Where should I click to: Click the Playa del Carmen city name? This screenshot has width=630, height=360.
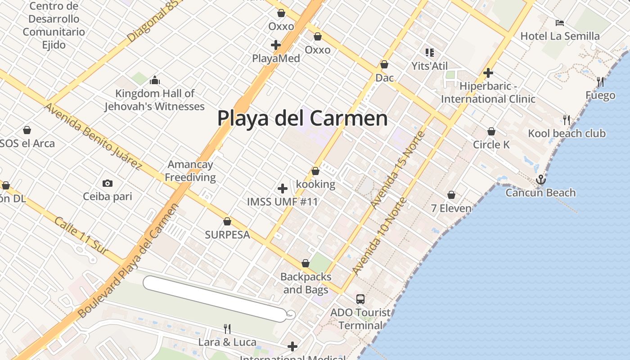[302, 118]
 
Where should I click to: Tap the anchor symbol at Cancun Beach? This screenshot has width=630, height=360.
[540, 180]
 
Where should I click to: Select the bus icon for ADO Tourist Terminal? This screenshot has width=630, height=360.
[360, 299]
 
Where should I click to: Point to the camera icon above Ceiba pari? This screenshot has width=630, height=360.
[107, 183]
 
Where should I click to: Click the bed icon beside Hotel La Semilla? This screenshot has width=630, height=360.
[560, 23]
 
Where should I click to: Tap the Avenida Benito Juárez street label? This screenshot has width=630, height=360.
[93, 136]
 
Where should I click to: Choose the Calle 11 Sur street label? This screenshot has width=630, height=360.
[81, 236]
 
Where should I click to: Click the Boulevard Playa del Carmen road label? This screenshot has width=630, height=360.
[128, 261]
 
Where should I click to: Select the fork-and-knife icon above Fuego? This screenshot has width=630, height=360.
[600, 82]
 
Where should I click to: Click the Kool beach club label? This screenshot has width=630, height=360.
[567, 133]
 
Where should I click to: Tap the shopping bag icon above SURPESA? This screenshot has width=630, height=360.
[227, 221]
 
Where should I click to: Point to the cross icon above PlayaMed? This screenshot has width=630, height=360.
[276, 45]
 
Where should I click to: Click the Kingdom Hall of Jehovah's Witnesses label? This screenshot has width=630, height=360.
[155, 100]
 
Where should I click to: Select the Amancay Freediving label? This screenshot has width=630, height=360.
[190, 171]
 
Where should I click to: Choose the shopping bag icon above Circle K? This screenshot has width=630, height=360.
[491, 131]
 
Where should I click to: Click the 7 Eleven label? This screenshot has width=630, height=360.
[451, 208]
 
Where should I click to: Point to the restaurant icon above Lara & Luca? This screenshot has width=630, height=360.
[227, 329]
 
